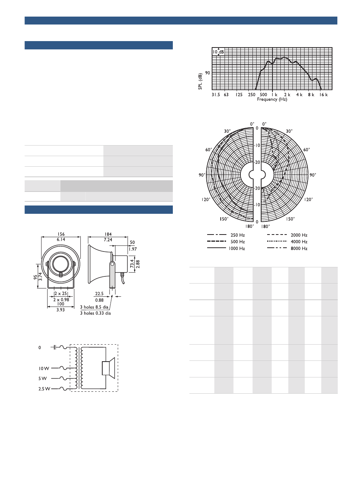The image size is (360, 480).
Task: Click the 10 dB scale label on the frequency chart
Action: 218,52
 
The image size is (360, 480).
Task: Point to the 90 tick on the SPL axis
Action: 208,73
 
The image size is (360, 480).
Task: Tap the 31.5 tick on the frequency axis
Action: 216,95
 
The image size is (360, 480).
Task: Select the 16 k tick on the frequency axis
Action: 323,95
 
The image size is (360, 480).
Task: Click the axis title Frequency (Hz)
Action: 272,100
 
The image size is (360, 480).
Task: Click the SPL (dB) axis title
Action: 200,81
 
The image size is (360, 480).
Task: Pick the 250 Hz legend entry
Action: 226,235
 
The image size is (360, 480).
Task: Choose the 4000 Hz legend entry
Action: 287,242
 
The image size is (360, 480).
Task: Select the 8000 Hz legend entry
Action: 287,248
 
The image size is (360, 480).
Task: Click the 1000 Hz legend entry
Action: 226,248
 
